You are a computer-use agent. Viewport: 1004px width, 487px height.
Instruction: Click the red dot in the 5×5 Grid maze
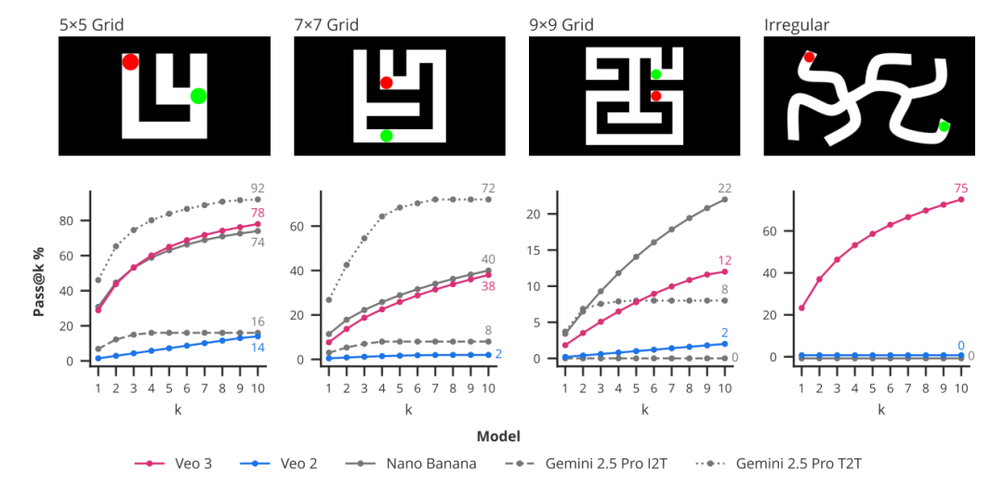[x=130, y=62]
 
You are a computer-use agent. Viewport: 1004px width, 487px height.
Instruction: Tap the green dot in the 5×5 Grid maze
[x=198, y=96]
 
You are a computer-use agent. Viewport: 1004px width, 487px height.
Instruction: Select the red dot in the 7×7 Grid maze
[x=387, y=83]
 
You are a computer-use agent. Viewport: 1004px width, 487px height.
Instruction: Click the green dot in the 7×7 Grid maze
[x=386, y=136]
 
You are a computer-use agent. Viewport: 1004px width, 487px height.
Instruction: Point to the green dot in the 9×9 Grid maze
[x=656, y=74]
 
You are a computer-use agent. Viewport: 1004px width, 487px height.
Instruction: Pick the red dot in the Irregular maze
[x=809, y=57]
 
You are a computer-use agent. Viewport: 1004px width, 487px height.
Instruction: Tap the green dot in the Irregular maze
[x=944, y=126]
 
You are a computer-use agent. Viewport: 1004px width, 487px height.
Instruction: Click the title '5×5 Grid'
[x=91, y=25]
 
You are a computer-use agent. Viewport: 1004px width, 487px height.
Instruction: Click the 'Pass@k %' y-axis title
[x=39, y=275]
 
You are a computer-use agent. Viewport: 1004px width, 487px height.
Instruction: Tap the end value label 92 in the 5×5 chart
[x=258, y=189]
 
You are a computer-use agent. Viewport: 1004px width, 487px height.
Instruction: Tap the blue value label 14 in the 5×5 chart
[x=258, y=348]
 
